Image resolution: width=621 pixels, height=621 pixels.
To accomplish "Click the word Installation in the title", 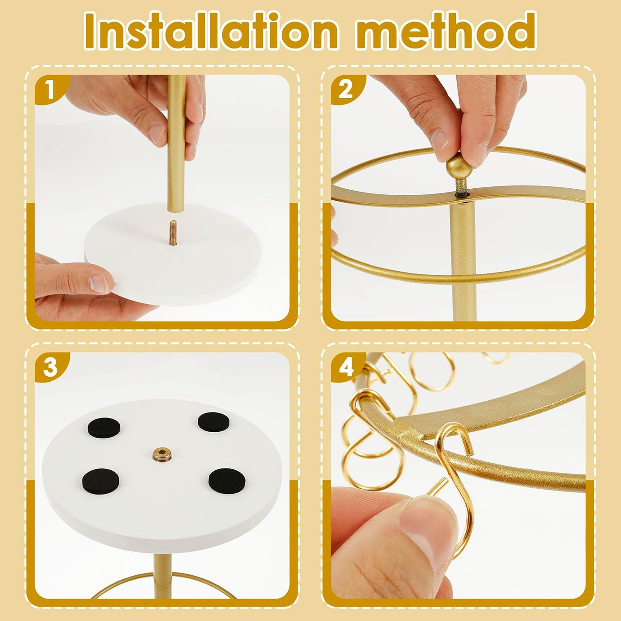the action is coord(213,31).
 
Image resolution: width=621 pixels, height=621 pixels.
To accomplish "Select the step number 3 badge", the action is coord(51,367).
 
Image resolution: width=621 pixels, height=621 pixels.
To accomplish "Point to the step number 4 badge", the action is coord(346,367).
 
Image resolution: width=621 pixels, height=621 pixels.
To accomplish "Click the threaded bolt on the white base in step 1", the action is coord(172,233).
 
